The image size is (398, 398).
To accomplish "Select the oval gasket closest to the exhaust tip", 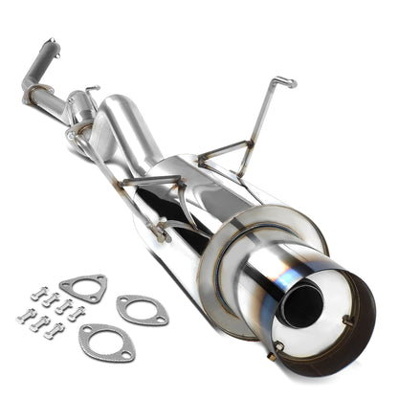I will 142,309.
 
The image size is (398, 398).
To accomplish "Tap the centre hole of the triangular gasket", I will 82,287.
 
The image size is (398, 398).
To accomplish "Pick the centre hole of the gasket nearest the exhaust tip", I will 142,309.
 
